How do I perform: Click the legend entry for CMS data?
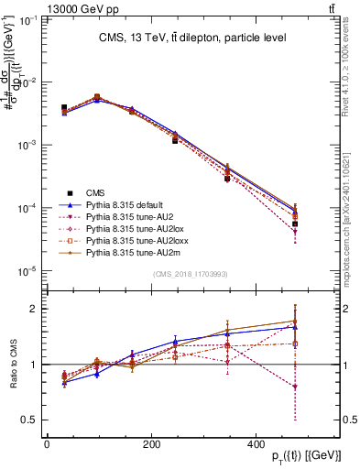pos(95,192)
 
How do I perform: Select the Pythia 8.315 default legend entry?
pos(123,204)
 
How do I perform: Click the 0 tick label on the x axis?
pos(48,444)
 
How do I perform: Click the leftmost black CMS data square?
pos(63,107)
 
